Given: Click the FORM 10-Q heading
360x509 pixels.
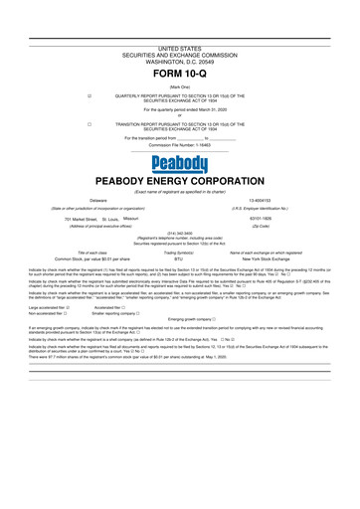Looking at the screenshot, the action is pos(180,75).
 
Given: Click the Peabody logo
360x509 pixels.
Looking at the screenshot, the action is pos(180,163).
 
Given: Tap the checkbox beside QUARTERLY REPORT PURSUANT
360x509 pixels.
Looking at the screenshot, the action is pos(90,95).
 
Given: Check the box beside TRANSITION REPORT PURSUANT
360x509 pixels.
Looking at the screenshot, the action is pos(90,124).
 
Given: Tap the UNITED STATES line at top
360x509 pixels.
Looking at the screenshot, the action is pos(180,48).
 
